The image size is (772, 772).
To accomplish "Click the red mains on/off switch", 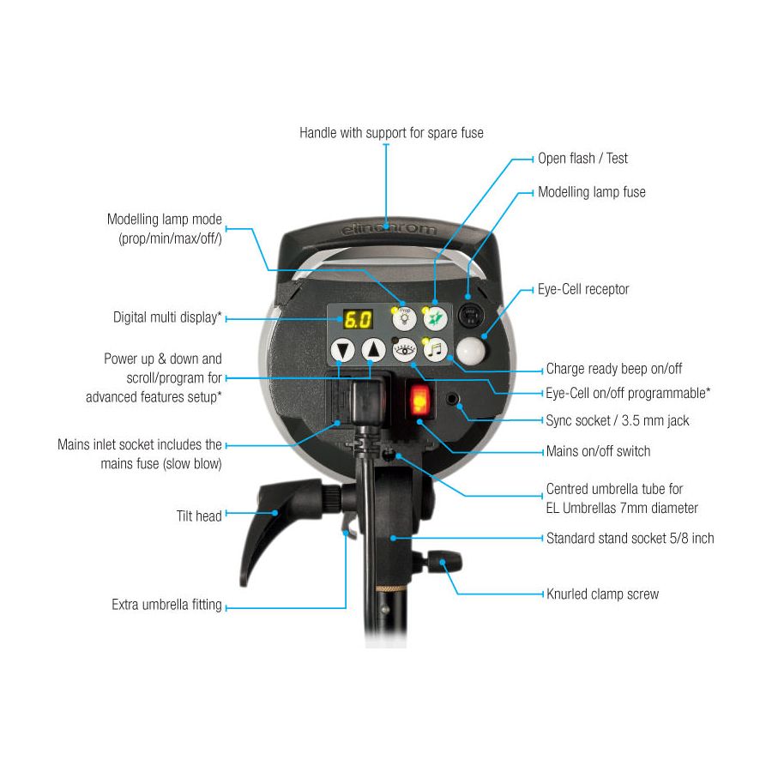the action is pos(420,400).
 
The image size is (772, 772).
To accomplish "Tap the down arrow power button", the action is pos(342,350).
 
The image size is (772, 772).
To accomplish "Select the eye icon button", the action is pos(404,350).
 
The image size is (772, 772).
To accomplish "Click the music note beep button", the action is pos(435,350).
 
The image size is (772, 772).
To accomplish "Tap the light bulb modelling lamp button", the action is pos(404,318).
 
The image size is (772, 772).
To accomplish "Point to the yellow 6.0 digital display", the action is pos(358,320).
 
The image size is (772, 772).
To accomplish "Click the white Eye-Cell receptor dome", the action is pos(471,351).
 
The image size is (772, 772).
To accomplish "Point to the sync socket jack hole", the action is pos(452,399).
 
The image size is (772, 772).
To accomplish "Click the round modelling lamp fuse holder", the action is pos(471,315).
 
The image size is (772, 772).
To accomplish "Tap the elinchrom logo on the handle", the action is pos(388,228).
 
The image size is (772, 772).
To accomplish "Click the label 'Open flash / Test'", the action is pos(582,158).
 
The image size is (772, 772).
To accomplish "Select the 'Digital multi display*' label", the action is pos(167,317).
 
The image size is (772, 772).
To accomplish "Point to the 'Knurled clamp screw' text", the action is pos(603,594).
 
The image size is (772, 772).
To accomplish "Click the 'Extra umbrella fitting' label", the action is pos(166,604).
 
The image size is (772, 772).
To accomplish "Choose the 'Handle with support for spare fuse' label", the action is pos(391,132).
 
